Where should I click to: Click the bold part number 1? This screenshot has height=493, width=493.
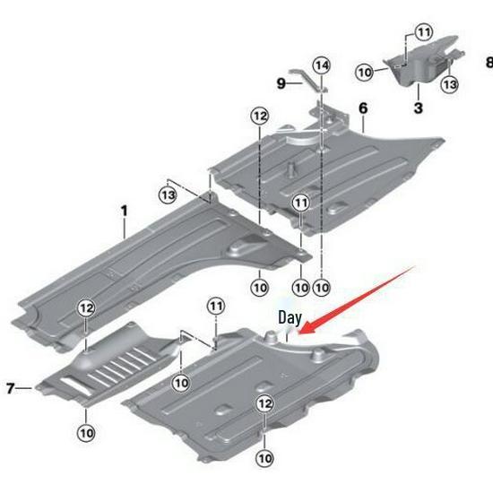[x=125, y=211]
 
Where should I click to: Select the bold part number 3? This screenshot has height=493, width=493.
[x=418, y=108]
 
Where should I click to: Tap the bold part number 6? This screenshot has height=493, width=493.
[x=363, y=108]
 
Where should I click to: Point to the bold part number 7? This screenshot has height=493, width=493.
[x=11, y=388]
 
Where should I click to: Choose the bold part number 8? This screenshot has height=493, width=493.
[x=489, y=63]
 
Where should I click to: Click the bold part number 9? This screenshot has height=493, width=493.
[x=281, y=82]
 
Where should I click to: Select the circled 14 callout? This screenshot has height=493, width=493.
[x=322, y=65]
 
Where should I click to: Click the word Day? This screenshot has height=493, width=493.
[x=290, y=317]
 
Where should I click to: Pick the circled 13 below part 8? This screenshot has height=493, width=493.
[x=450, y=83]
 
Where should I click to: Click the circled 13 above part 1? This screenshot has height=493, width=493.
[x=168, y=190]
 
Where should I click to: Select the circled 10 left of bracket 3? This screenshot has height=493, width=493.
[x=364, y=71]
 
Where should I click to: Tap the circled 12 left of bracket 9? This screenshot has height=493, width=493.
[x=259, y=116]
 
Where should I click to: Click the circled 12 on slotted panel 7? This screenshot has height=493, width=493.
[x=86, y=308]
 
